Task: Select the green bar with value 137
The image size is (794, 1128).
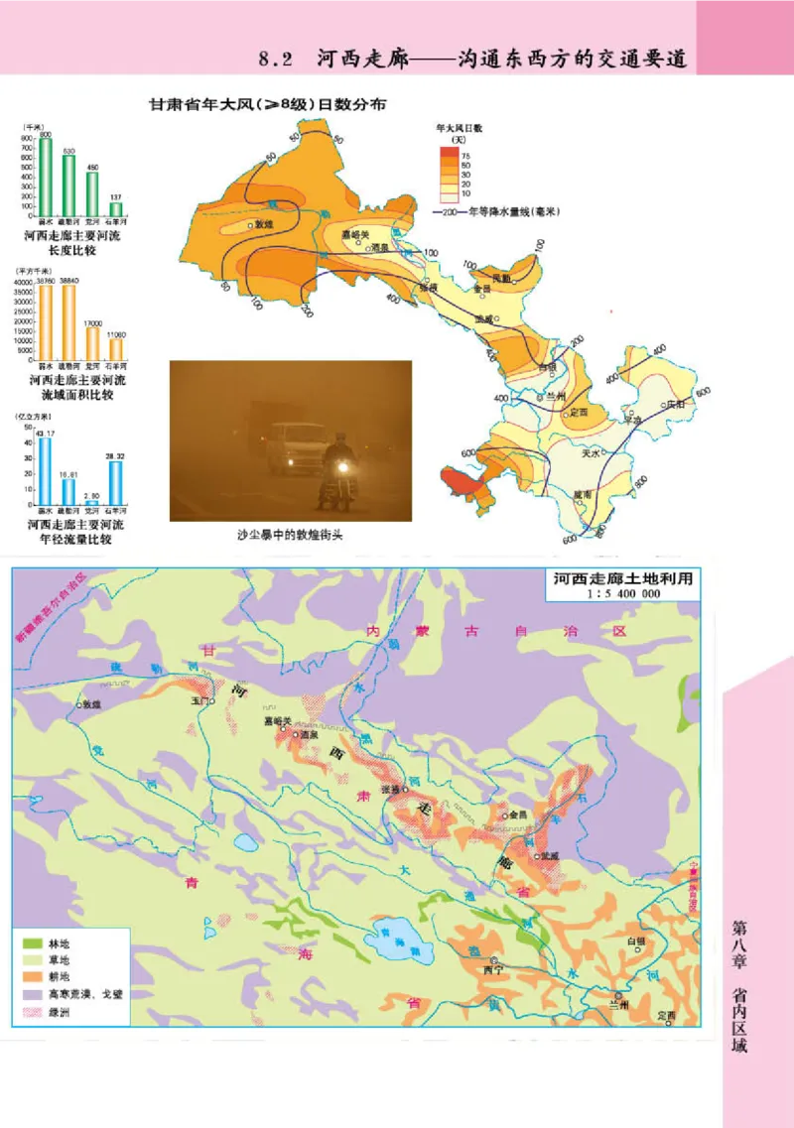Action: coord(116,208)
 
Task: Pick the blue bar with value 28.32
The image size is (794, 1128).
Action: coord(116,482)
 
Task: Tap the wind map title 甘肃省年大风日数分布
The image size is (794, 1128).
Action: coord(267,104)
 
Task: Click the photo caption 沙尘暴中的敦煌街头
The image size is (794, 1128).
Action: coord(290,534)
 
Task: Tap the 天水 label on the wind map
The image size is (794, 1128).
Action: coord(591,452)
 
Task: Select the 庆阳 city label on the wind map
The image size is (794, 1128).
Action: coord(676,405)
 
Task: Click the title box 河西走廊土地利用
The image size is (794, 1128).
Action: coord(621,579)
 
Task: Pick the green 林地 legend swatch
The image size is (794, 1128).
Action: coord(32,942)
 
